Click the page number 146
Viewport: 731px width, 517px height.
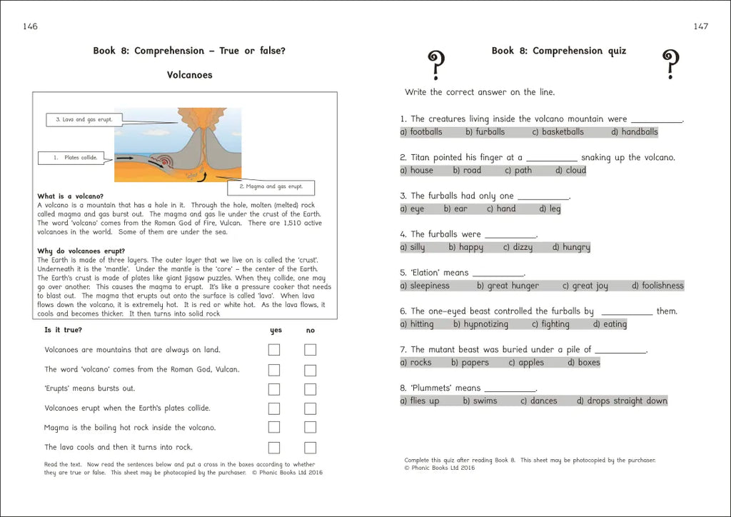pos(30,26)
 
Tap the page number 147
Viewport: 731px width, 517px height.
pos(700,26)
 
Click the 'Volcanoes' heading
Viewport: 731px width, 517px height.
pos(189,74)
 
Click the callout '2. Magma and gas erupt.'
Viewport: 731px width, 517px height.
pos(271,187)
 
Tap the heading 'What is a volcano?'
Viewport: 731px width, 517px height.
pos(70,196)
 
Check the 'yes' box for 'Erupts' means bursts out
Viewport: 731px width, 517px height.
pos(274,389)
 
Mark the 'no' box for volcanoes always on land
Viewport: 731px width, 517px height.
pos(310,350)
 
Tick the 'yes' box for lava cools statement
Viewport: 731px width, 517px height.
pos(274,448)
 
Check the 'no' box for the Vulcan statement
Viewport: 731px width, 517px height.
pos(310,370)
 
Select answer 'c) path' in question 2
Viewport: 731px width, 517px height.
pos(518,171)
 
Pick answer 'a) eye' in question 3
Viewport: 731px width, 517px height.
pos(412,209)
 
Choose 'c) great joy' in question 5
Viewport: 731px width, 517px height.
pos(585,286)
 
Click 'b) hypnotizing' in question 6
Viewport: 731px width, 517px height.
pos(480,324)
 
